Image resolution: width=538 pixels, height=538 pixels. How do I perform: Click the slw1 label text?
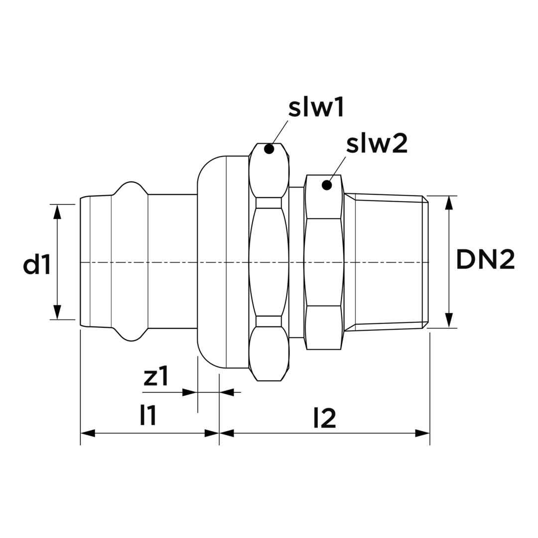click(x=316, y=110)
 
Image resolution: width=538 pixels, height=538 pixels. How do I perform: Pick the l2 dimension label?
click(x=325, y=418)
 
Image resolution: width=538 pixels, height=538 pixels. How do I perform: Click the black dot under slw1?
click(x=269, y=149)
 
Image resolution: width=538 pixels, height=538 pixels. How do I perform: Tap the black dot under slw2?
click(x=327, y=185)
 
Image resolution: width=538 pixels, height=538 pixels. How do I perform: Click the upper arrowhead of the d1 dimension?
click(x=58, y=211)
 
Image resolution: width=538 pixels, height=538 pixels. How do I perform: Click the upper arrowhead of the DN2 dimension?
click(x=449, y=203)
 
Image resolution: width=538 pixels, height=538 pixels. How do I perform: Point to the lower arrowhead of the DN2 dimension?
click(x=449, y=320)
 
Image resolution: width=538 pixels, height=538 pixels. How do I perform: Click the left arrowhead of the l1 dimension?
click(x=88, y=433)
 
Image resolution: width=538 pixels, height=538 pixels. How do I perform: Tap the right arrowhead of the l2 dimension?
click(x=422, y=433)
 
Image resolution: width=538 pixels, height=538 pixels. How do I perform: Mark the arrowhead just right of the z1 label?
click(x=190, y=392)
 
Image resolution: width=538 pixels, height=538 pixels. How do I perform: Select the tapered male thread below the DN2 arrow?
click(x=387, y=262)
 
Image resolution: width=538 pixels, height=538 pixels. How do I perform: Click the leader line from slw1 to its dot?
click(x=279, y=132)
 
